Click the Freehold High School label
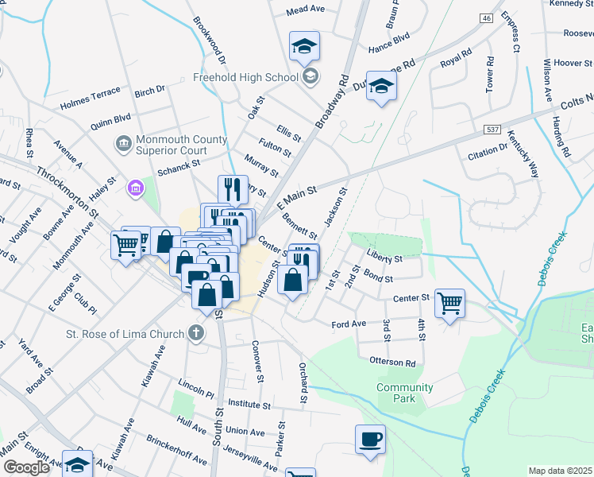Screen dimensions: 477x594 coord(245,77)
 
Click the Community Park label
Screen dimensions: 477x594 coord(405,393)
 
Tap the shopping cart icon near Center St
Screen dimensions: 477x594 coord(449,302)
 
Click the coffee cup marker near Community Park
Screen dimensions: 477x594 coord(371,440)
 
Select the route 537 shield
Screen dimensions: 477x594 coord(492,128)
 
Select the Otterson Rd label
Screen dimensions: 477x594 coord(392,363)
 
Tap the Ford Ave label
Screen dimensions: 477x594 coord(348,324)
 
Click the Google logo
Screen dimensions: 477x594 coord(26,467)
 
